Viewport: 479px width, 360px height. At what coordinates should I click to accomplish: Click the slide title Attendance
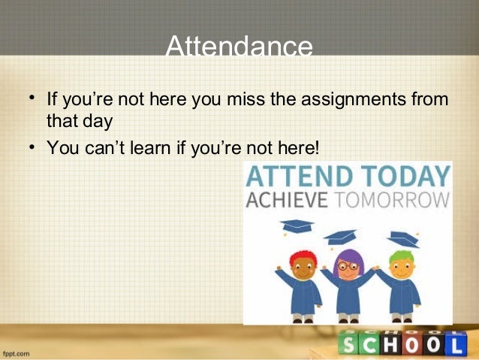pyautogui.click(x=239, y=47)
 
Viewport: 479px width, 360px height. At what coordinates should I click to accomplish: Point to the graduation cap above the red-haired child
pyautogui.click(x=297, y=225)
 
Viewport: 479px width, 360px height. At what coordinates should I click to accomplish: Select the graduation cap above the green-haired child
pyautogui.click(x=404, y=239)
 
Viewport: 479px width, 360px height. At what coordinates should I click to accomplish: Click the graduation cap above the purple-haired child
pyautogui.click(x=341, y=236)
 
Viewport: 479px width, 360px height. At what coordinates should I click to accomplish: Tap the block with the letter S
pyautogui.click(x=351, y=344)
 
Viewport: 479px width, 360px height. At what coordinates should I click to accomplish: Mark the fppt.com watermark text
pyautogui.click(x=15, y=352)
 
